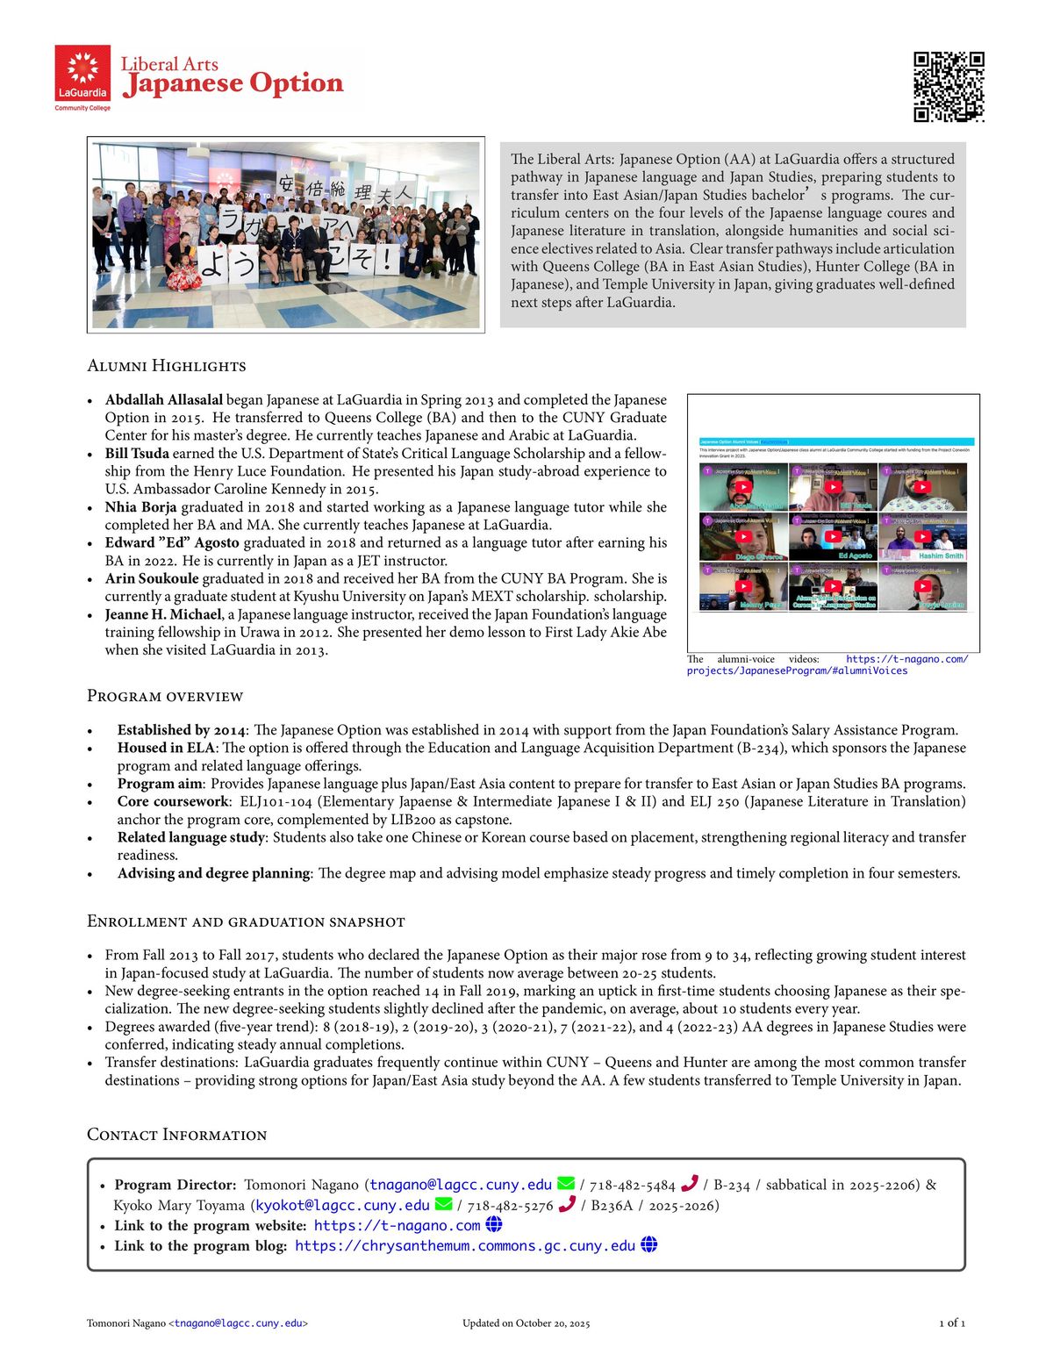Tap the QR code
[x=949, y=87]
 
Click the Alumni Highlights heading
[x=167, y=366]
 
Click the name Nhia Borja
[x=140, y=507]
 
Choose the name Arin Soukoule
[x=152, y=579]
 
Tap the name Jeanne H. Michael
[x=162, y=614]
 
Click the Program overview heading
[x=165, y=697]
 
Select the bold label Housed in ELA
[x=166, y=748]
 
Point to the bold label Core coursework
[x=173, y=801]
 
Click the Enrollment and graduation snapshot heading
[x=246, y=921]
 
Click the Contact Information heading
[x=177, y=1135]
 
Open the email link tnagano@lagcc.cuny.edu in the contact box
[x=461, y=1185]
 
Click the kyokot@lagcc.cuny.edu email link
[x=342, y=1206]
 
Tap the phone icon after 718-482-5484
[x=690, y=1184]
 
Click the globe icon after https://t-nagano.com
[x=494, y=1225]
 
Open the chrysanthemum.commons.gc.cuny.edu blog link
[x=465, y=1246]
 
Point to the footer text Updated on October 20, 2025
[x=526, y=1323]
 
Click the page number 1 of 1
[x=952, y=1323]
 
